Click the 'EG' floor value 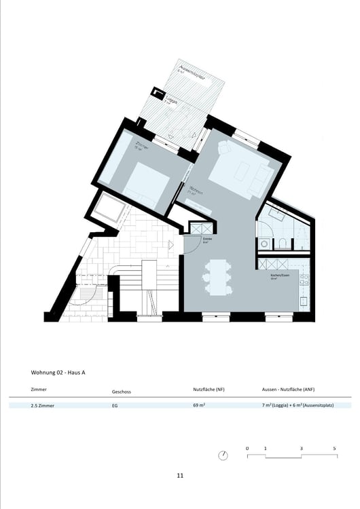[x=115, y=405]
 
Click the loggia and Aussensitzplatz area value [x=298, y=405]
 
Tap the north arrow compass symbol [x=223, y=455]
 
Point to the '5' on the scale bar [x=334, y=449]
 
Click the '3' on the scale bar [x=301, y=449]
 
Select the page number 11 [x=180, y=476]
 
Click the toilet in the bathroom [x=282, y=242]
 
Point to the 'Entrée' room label [x=208, y=238]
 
